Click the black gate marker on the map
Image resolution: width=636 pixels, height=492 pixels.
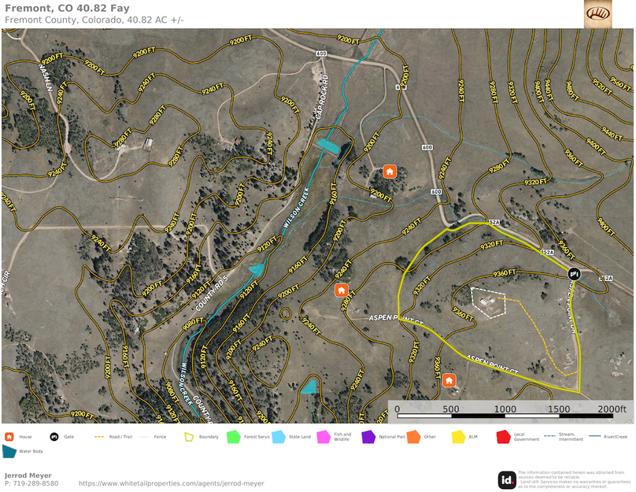click(574, 273)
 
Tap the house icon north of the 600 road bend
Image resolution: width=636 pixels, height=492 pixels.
click(389, 171)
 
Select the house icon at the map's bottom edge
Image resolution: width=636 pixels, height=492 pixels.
click(449, 380)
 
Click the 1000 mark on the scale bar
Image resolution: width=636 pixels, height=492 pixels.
click(505, 409)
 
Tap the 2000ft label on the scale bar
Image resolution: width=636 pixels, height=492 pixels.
click(612, 409)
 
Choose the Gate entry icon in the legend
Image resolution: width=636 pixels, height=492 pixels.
click(54, 436)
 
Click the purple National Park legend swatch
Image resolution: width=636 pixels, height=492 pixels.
click(368, 436)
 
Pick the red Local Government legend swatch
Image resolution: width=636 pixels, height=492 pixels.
click(503, 436)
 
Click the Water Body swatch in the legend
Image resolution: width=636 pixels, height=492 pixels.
click(9, 451)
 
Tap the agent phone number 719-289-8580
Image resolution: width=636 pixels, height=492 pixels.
click(31, 483)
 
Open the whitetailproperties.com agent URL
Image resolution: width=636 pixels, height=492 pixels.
click(171, 483)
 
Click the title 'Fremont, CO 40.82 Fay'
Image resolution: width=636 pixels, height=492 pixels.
click(67, 8)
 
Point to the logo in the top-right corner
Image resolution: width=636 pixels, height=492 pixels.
click(597, 13)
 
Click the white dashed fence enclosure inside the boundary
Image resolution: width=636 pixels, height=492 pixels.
click(489, 302)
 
